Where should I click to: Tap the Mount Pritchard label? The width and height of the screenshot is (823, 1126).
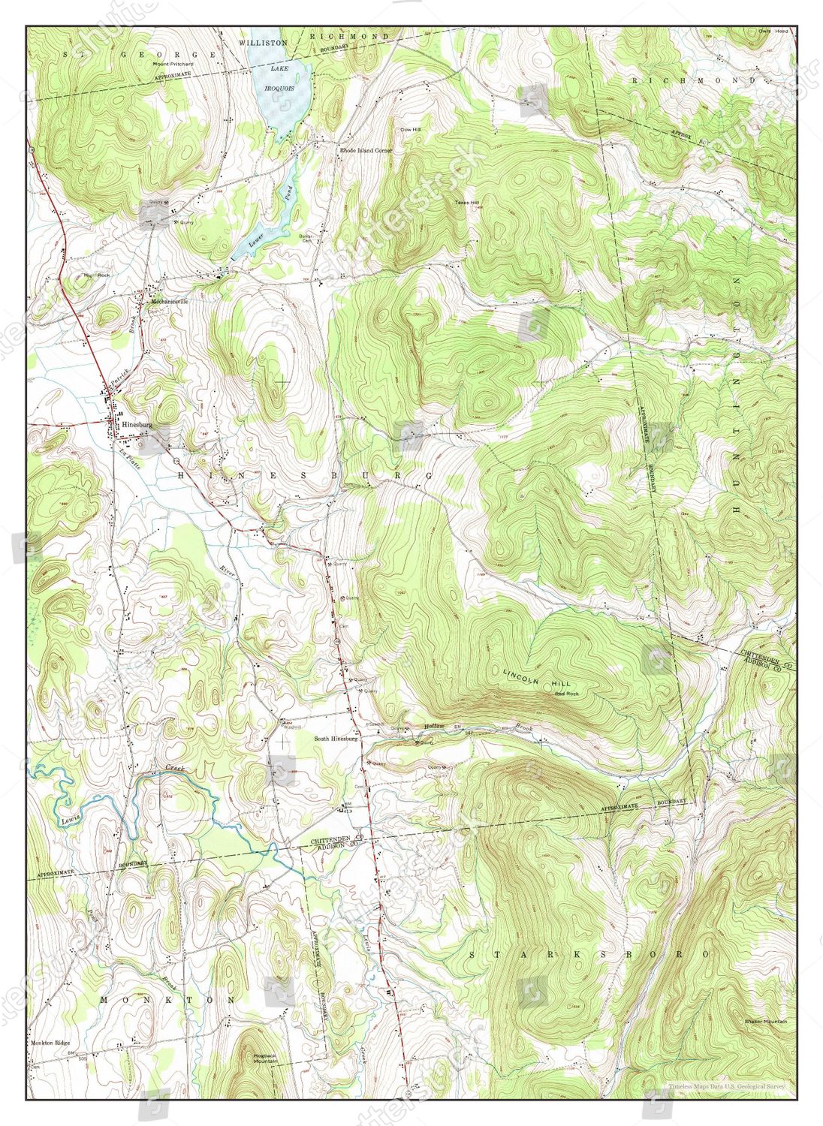173,65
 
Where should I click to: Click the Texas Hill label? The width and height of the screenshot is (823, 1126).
466,203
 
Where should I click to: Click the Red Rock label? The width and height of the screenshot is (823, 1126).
567,694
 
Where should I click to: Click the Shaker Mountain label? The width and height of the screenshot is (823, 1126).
765,1022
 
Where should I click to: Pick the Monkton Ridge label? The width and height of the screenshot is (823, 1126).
50,1043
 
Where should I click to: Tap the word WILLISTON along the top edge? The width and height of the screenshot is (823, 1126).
263,44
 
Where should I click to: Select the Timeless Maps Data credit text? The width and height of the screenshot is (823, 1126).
727,1086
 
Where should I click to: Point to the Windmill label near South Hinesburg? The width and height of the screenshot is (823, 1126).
291,727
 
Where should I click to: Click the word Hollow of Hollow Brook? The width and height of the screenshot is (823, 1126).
435,726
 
